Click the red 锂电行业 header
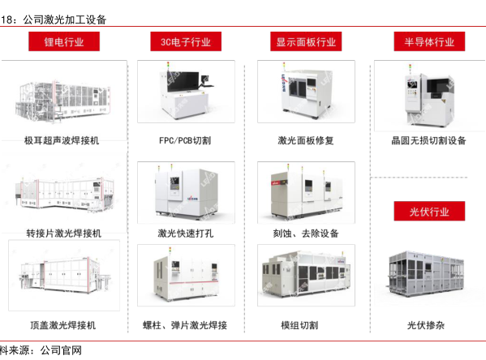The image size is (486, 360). pos(64,41)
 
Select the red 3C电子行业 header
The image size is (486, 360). pos(186,41)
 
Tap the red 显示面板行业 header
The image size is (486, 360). pos(306,41)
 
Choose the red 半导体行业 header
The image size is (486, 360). pos(429,41)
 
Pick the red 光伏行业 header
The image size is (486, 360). pos(429,212)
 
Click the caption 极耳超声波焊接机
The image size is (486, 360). pos(62,140)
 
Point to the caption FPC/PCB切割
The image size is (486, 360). pos(185,140)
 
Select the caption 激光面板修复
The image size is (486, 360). pos(306,140)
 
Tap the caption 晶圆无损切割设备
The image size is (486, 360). pos(428,140)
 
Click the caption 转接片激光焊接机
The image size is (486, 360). pos(64,234)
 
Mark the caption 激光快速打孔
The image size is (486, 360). pos(185,234)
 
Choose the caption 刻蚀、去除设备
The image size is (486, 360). pos(306,234)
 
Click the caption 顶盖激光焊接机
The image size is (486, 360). pos(63,325)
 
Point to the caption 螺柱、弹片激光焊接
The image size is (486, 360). pos(185,325)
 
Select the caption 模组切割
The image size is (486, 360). pos(299,325)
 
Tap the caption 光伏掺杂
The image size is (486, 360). pos(426,325)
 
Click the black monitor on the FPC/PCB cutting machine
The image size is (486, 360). pos(183,81)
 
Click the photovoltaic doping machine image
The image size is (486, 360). pos(426,274)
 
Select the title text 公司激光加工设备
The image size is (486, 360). pos(65,19)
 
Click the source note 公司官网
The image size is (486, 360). pos(61,350)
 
